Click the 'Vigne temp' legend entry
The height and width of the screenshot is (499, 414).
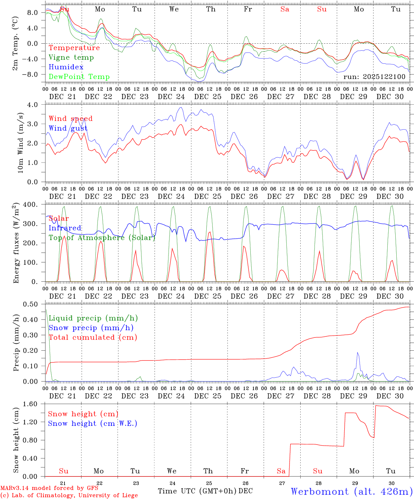pyautogui.click(x=71, y=58)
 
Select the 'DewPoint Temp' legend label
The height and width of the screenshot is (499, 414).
pyautogui.click(x=79, y=77)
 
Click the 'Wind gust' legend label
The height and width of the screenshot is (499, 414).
pyautogui.click(x=68, y=129)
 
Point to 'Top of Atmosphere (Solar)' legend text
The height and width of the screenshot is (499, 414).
pyautogui.click(x=102, y=238)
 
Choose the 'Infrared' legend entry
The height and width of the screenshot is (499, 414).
pyautogui.click(x=65, y=228)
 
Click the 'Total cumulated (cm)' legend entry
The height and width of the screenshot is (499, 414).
pyautogui.click(x=93, y=338)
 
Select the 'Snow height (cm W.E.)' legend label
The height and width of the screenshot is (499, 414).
pyautogui.click(x=92, y=423)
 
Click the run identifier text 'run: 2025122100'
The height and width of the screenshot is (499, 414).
pyautogui.click(x=374, y=77)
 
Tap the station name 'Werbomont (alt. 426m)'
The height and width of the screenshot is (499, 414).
pyautogui.click(x=352, y=491)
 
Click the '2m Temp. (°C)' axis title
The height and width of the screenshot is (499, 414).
pyautogui.click(x=15, y=43)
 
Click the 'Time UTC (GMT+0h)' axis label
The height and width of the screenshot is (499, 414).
pyautogui.click(x=197, y=491)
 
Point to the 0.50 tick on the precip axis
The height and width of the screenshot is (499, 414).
pyautogui.click(x=31, y=304)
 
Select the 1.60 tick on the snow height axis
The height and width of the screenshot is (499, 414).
pyautogui.click(x=31, y=404)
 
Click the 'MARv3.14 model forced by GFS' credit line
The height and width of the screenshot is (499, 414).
pyautogui.click(x=49, y=488)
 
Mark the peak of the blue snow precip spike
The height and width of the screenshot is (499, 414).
pyautogui.click(x=357, y=353)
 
